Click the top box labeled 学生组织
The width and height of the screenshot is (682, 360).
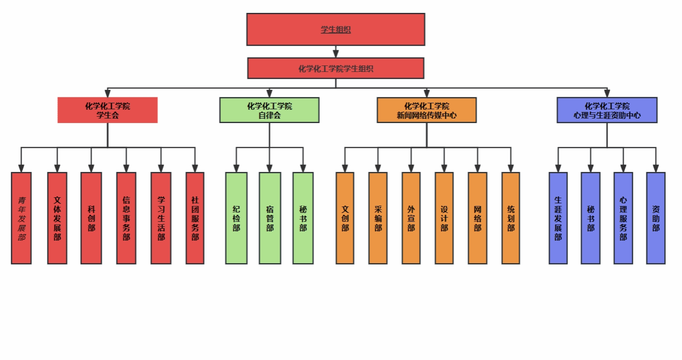click(x=335, y=30)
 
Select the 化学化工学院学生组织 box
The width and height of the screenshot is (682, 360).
click(x=335, y=68)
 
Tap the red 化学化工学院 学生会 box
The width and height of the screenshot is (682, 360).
click(x=107, y=110)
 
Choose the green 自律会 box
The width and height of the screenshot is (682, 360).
click(x=270, y=110)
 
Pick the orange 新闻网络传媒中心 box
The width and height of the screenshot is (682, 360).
click(x=427, y=110)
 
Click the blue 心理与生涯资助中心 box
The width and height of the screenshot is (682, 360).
click(x=607, y=110)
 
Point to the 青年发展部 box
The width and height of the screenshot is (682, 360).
click(x=21, y=218)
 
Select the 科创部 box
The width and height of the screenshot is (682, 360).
click(x=91, y=218)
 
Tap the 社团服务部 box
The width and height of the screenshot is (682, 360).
click(x=195, y=218)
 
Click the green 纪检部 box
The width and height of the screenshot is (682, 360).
click(x=236, y=218)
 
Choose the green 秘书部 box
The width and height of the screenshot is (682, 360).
click(x=303, y=218)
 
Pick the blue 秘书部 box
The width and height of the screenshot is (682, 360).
click(x=591, y=218)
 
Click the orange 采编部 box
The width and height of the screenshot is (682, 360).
click(x=378, y=218)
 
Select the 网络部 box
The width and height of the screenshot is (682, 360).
click(x=477, y=218)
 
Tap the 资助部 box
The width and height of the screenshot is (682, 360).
click(x=656, y=218)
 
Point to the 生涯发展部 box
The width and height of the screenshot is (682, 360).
click(x=558, y=218)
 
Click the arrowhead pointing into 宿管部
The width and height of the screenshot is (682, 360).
click(x=270, y=168)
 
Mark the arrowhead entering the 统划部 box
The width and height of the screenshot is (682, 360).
click(x=511, y=168)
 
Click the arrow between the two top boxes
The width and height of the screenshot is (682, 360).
click(x=335, y=52)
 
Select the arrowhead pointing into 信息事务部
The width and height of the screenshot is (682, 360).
click(x=126, y=168)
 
